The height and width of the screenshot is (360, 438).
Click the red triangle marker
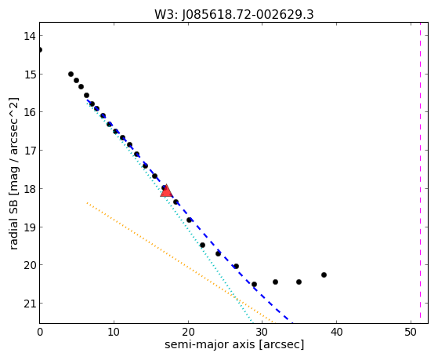click(166, 191)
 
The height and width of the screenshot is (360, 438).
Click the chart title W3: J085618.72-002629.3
click(234, 15)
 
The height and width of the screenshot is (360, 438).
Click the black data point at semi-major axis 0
click(40, 49)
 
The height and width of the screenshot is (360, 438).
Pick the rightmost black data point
click(324, 275)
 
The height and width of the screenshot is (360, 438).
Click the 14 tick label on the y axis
click(29, 36)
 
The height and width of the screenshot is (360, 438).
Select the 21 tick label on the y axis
click(29, 304)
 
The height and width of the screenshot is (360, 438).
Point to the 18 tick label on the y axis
click(29, 189)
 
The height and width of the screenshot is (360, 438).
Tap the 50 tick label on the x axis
click(411, 332)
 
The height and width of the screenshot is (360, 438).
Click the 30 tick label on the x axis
click(262, 332)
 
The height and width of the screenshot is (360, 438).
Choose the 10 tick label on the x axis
click(114, 332)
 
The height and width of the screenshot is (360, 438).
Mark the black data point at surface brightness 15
click(71, 75)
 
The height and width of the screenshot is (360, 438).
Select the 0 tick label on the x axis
click(40, 332)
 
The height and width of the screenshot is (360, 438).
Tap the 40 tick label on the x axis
click(336, 332)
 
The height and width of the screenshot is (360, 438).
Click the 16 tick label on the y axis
click(29, 112)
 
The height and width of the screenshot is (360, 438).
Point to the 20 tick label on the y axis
click(29, 265)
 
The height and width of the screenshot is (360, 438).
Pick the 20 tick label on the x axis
click(188, 332)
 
